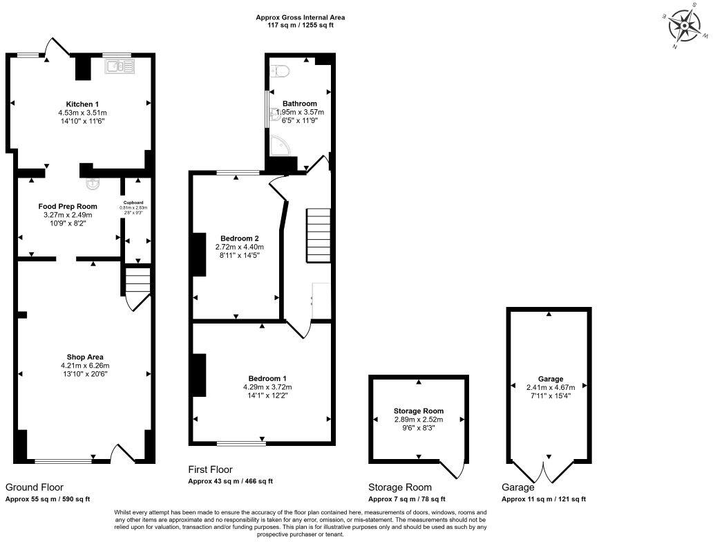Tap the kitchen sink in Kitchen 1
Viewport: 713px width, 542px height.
click(119, 66)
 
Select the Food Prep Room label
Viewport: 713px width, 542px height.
click(68, 206)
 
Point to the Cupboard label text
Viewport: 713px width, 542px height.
click(133, 203)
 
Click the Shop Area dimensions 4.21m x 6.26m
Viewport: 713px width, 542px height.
click(85, 366)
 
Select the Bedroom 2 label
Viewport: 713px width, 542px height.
click(236, 238)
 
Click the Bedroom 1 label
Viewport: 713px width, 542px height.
click(267, 378)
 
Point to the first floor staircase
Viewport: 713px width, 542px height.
click(319, 235)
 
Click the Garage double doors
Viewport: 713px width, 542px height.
click(549, 474)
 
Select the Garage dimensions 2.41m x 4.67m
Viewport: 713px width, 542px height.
click(550, 387)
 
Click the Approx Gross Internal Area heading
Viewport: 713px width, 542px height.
click(300, 17)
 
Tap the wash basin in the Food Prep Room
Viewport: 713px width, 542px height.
click(93, 185)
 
